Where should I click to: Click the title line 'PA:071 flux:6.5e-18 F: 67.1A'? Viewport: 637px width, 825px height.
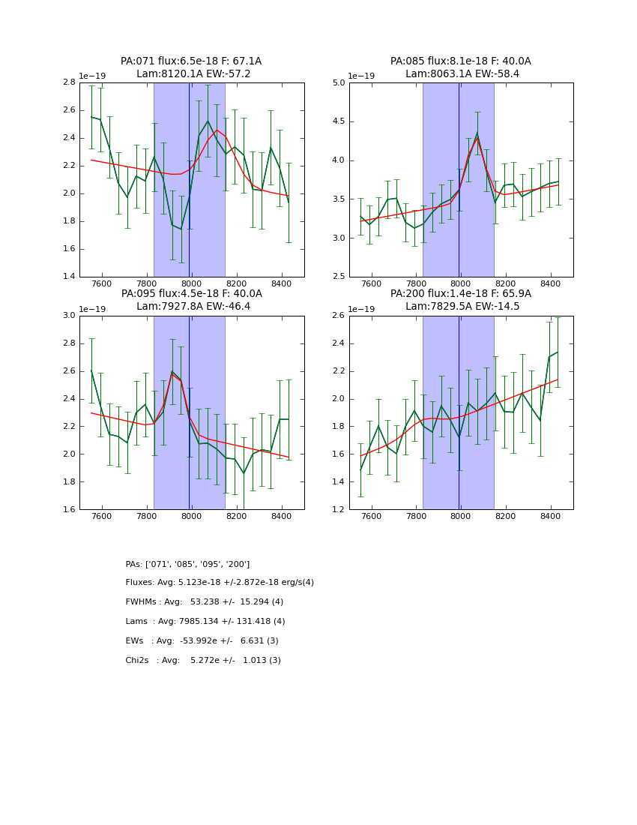click(191, 61)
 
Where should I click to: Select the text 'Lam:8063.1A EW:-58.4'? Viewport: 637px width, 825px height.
click(461, 74)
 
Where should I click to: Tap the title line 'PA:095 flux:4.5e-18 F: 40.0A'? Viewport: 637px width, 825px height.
click(191, 294)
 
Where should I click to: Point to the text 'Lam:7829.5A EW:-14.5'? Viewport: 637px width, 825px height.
click(461, 307)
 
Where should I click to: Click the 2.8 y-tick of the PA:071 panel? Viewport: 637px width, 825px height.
click(67, 82)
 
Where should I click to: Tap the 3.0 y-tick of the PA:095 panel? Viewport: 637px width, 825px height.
click(67, 316)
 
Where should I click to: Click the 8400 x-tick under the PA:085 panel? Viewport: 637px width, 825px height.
click(550, 284)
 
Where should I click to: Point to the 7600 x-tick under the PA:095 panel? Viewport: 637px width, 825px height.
click(101, 517)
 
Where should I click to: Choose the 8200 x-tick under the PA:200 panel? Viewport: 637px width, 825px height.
click(505, 517)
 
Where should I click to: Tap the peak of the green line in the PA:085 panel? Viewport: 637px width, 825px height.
click(477, 133)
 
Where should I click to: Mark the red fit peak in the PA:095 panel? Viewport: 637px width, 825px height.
click(172, 373)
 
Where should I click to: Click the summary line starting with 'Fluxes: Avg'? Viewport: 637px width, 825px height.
click(220, 583)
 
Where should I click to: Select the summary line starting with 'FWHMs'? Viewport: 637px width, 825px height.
click(204, 602)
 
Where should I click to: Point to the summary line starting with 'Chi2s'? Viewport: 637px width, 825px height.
click(203, 661)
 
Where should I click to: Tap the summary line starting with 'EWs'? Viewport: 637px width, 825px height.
click(202, 641)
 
